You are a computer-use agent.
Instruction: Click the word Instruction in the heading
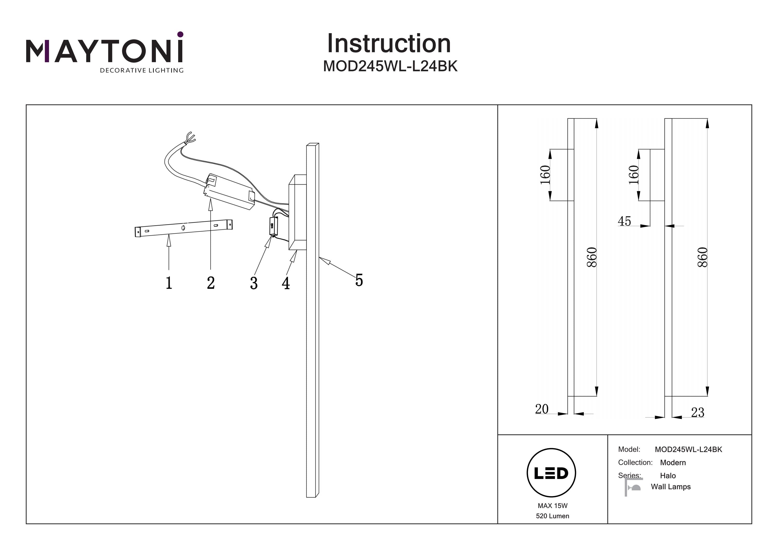(x=389, y=44)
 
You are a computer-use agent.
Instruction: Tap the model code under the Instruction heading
(x=390, y=66)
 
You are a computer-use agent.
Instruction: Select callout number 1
(x=169, y=283)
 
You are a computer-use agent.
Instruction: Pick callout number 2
(x=211, y=283)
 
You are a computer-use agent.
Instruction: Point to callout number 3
(x=254, y=283)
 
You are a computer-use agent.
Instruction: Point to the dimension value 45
(x=624, y=221)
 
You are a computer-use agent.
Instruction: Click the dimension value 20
(x=541, y=409)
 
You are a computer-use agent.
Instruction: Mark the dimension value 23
(x=697, y=412)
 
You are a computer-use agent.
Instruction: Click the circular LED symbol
(x=551, y=473)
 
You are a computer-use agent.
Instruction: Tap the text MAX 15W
(x=552, y=506)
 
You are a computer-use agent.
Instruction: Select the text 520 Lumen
(x=552, y=516)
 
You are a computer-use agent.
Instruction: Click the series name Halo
(x=668, y=475)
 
